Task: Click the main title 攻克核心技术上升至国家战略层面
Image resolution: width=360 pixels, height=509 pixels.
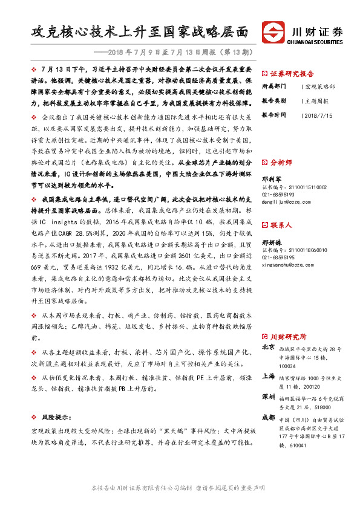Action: (140, 31)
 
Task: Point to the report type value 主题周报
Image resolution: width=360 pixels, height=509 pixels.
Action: (316, 100)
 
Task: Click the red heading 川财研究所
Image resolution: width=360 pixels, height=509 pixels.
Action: (288, 336)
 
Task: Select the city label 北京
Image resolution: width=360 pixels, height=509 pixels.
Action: (269, 348)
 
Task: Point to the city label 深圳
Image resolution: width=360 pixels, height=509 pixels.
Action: (269, 397)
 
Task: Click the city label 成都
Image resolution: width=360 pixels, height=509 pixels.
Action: (269, 418)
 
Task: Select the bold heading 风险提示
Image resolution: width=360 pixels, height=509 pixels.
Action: (54, 417)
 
